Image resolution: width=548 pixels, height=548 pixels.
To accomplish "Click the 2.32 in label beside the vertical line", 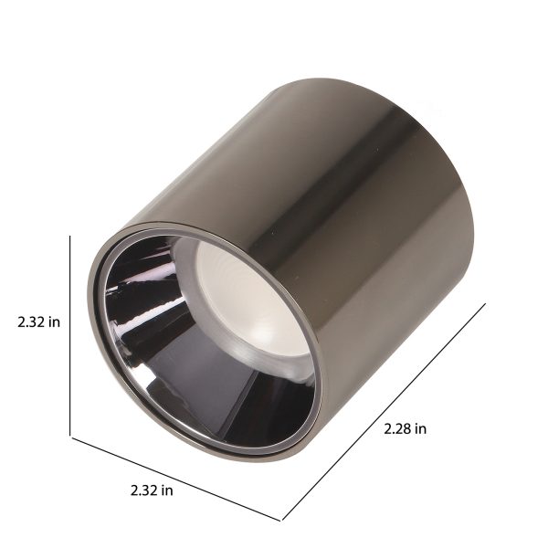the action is click(38, 321).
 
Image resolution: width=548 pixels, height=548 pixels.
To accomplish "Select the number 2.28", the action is click(397, 428).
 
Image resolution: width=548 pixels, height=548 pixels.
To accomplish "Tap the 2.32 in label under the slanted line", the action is click(152, 490).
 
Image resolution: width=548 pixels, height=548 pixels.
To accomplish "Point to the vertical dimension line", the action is click(70, 336).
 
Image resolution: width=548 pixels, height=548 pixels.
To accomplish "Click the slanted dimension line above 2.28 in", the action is click(384, 413).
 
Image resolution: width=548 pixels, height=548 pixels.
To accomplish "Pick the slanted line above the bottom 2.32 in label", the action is click(175, 479).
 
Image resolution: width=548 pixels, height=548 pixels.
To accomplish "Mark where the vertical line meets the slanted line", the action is click(70, 437).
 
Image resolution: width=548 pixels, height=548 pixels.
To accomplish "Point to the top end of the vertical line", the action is click(70, 236).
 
